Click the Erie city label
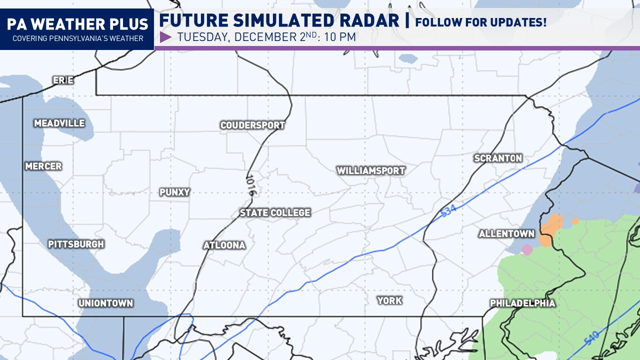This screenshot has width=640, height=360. pos(63,80)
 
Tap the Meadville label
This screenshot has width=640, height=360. pos(59,123)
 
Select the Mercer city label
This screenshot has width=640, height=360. pos(43,166)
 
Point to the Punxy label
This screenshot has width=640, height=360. pos(174,192)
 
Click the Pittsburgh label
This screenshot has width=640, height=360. pos(76,244)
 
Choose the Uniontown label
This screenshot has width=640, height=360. pos(105,303)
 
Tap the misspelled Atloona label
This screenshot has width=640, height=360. pos(224,245)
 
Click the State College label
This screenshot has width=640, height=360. pos(275,213)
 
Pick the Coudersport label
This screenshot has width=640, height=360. pos(252,125)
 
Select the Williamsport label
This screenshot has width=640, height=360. pos(370,171)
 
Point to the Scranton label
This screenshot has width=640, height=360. pos(498,158)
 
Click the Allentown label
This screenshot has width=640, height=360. pos(506,234)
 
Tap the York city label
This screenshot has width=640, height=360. pos(389,300)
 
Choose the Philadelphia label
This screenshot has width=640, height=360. pos(522,303)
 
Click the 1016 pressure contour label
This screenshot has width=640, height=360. pos(251,185)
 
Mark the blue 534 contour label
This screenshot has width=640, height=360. pos(449,211)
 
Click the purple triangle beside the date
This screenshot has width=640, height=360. pos(165,37)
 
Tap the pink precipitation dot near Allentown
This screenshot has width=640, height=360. pos(526,249)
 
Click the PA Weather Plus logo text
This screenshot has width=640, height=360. pos(77,24)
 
